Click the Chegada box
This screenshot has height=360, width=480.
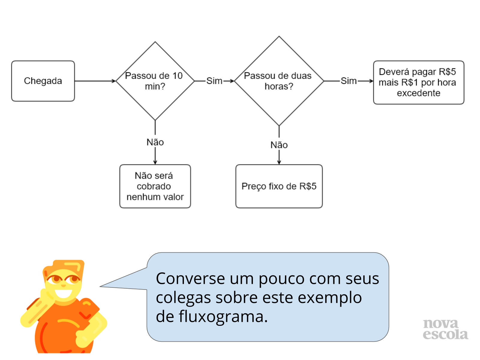coord(43,81)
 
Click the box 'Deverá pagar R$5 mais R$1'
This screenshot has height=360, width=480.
coord(418,82)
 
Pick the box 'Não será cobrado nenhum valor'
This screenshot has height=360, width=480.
coord(155,186)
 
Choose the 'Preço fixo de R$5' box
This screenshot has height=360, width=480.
coord(279,186)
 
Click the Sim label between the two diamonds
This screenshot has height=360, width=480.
coord(214,81)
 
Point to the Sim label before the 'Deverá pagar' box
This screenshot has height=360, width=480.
coord(349,81)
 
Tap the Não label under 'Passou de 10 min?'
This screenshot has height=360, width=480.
coord(155,142)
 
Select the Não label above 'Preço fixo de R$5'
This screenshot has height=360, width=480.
coord(279,145)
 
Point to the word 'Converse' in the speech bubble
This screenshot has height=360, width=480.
coord(190,279)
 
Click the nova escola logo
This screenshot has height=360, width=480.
coord(445,329)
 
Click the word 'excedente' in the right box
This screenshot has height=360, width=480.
coord(418,93)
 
